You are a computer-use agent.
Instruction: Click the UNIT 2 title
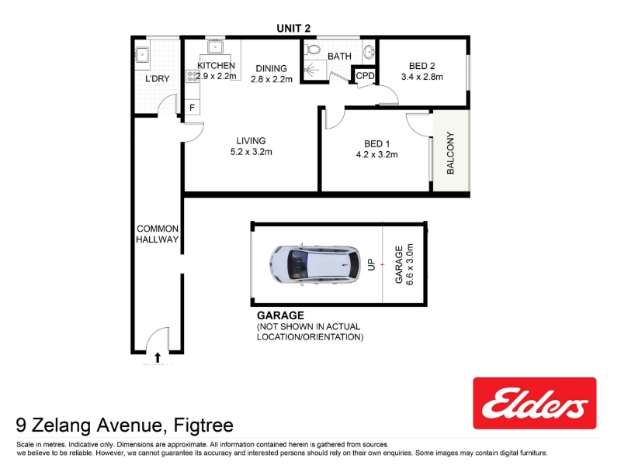[293, 28]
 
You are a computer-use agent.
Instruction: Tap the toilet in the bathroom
[313, 50]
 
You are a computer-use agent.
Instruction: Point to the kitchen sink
[215, 47]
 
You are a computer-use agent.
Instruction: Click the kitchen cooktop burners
[193, 76]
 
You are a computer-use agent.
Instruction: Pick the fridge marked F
[192, 107]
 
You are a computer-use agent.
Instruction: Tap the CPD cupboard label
[365, 75]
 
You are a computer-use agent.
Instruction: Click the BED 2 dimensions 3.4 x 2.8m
[422, 77]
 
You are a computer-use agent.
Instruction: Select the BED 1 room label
[376, 144]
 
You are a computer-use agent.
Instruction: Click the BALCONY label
[450, 153]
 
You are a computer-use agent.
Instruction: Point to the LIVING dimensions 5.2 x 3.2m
[251, 152]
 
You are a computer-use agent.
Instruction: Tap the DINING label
[271, 68]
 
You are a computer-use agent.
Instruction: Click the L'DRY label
[158, 79]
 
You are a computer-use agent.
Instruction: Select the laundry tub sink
[141, 54]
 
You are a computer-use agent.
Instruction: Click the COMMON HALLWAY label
[158, 234]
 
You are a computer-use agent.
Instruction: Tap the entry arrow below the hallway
[158, 357]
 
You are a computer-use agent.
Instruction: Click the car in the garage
[315, 264]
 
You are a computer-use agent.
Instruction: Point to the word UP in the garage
[371, 264]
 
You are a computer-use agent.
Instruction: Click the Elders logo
[535, 403]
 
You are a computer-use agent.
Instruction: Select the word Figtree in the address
[203, 425]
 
